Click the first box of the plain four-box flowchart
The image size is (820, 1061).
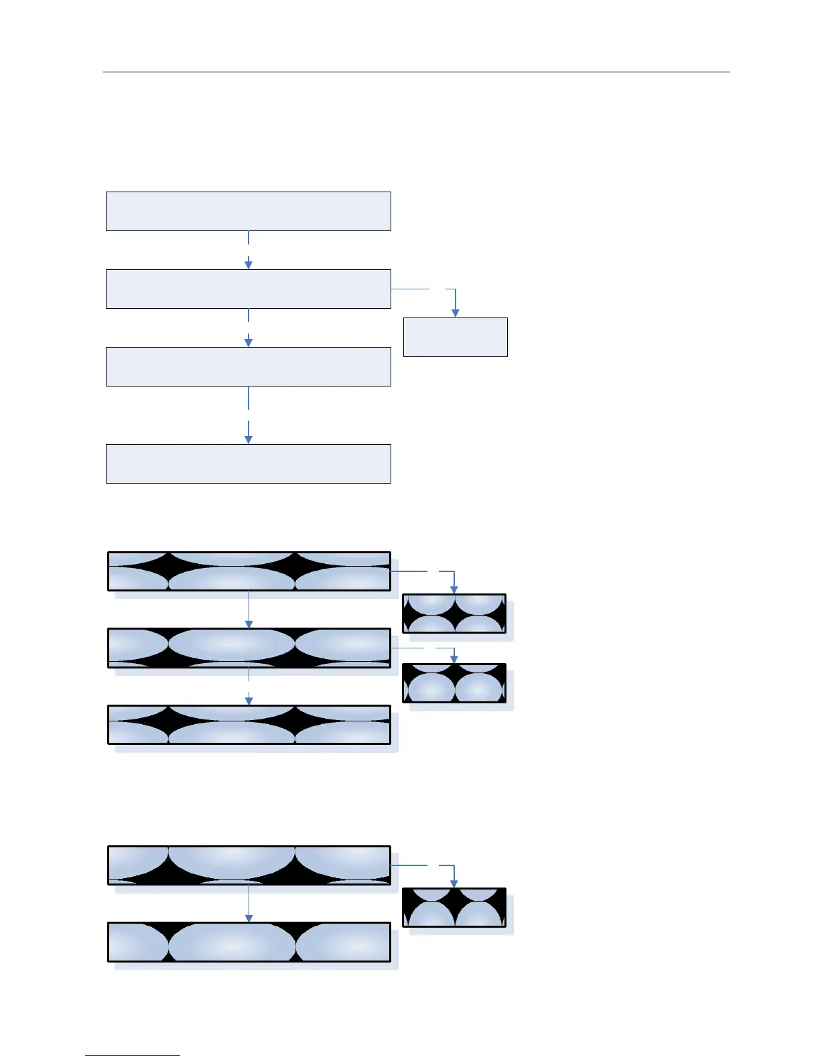coord(248,211)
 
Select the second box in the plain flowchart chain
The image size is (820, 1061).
coord(248,289)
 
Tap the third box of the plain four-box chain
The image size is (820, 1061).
coord(248,366)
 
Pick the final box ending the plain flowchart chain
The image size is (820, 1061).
coord(248,464)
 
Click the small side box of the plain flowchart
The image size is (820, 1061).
coord(455,337)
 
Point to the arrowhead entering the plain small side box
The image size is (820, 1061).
coord(456,313)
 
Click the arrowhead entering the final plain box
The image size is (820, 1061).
coord(249,439)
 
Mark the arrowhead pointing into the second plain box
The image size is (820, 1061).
coord(249,265)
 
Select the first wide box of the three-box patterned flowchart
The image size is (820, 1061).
coord(249,571)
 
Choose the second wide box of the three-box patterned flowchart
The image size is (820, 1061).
coord(249,648)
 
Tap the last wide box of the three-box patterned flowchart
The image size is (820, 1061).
coord(249,725)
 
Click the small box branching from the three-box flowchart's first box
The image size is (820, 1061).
coord(454,614)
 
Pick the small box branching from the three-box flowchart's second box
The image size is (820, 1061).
coord(454,683)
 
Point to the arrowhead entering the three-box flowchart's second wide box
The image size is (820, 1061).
coord(249,624)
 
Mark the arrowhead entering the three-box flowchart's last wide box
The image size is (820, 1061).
coord(249,701)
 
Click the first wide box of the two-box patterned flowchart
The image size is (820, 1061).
coord(249,865)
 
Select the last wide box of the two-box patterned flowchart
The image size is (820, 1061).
coord(249,942)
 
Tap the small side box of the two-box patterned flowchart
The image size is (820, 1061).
coord(454,908)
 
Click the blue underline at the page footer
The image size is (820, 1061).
coord(133,1056)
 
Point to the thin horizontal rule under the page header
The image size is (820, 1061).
coord(415,72)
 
